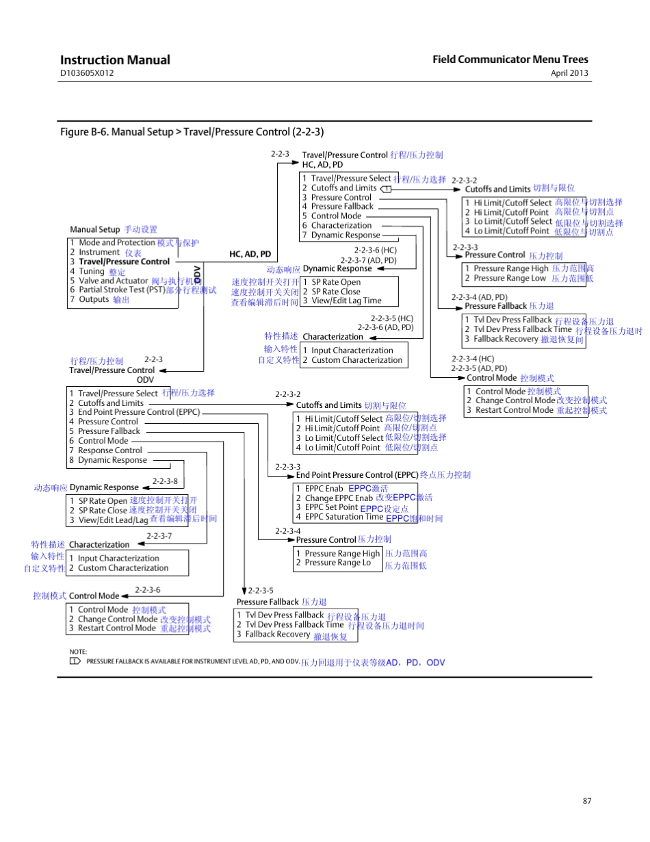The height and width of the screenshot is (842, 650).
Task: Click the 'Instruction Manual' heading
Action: coord(115,60)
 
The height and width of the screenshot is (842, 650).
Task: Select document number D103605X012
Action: coord(86,73)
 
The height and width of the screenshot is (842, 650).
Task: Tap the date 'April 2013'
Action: coord(569,73)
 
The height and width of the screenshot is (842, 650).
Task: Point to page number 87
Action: coord(586,800)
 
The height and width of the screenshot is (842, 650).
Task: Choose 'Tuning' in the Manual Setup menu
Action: coord(91,271)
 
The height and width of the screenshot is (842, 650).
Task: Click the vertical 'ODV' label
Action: coord(198,275)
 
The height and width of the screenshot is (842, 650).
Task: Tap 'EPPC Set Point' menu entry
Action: coord(331,507)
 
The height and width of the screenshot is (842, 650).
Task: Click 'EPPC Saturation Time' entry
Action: coord(344,517)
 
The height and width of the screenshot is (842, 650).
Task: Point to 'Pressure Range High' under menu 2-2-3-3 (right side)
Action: coord(511,269)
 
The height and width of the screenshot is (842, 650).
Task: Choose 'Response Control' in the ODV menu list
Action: coord(110,450)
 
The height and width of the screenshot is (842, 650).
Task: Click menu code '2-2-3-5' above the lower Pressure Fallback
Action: coord(261,590)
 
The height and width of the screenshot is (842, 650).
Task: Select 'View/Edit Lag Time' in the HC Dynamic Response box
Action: coord(347,301)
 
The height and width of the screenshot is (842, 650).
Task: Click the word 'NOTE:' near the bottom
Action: coord(78,652)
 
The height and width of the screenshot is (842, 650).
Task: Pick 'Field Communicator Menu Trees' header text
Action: coord(510,60)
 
